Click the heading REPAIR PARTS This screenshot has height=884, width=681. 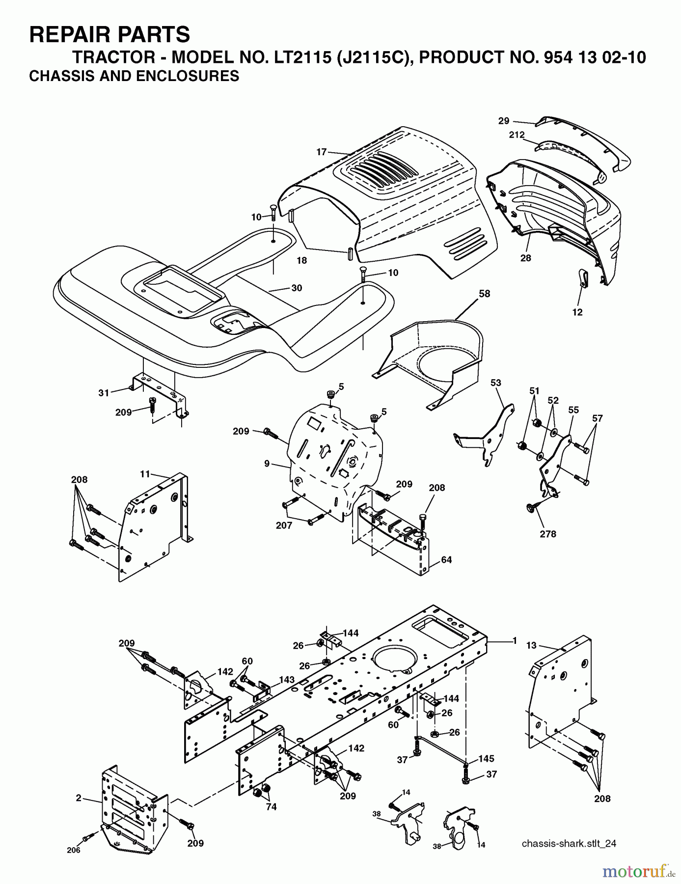tap(109, 35)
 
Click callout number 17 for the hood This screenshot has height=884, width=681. tap(322, 152)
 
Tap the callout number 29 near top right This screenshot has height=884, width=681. tap(504, 121)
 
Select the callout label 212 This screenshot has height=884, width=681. tap(517, 135)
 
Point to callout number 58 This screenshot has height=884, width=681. tap(484, 294)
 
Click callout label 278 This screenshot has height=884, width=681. tap(548, 534)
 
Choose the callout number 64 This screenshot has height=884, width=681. tap(446, 560)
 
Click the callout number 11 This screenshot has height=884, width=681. tap(145, 474)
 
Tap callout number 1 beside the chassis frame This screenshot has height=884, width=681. tap(515, 640)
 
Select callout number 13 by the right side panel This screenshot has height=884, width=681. tap(532, 645)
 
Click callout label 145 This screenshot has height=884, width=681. tap(486, 759)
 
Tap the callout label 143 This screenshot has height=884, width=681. tap(287, 680)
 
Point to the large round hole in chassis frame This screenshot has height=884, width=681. tap(395, 661)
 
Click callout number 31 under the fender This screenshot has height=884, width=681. tap(104, 393)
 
